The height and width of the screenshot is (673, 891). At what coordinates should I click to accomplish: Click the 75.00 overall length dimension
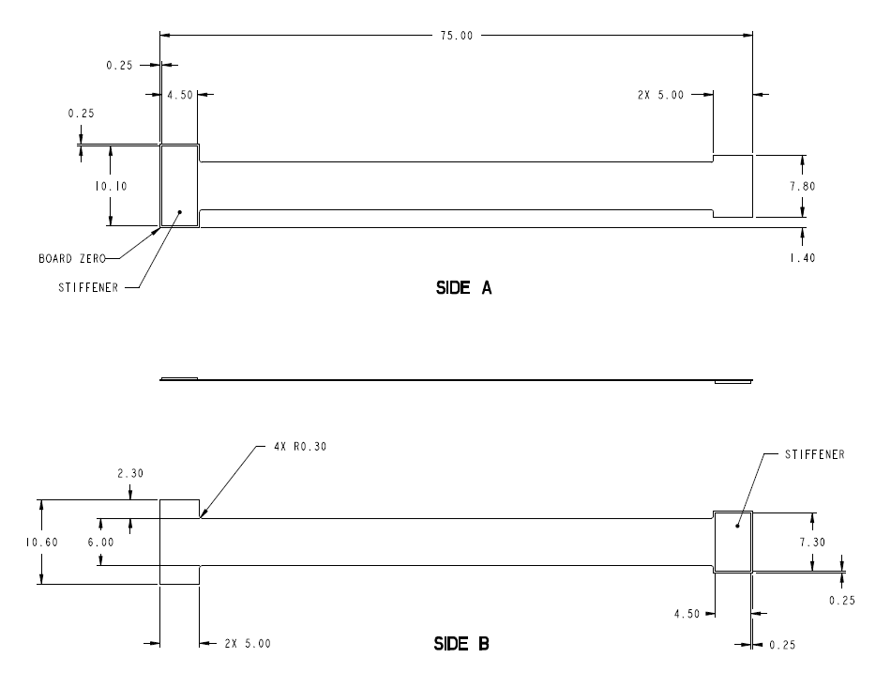pos(457,36)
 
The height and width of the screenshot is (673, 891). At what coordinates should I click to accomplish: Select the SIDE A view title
pos(463,288)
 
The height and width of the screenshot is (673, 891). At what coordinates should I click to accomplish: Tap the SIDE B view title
pos(461,643)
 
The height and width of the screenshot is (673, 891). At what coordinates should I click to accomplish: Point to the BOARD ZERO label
pos(72,259)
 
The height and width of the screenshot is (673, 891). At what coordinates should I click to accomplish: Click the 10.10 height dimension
pos(112,186)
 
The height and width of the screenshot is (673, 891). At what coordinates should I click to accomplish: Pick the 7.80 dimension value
pos(802,186)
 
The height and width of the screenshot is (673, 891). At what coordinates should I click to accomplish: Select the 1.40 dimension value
pos(802,258)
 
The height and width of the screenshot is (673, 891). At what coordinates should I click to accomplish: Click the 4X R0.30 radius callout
pos(300,447)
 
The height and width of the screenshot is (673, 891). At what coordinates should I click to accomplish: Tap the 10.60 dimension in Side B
pos(41,543)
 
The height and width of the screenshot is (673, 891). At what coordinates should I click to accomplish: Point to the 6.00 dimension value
pos(100,543)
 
